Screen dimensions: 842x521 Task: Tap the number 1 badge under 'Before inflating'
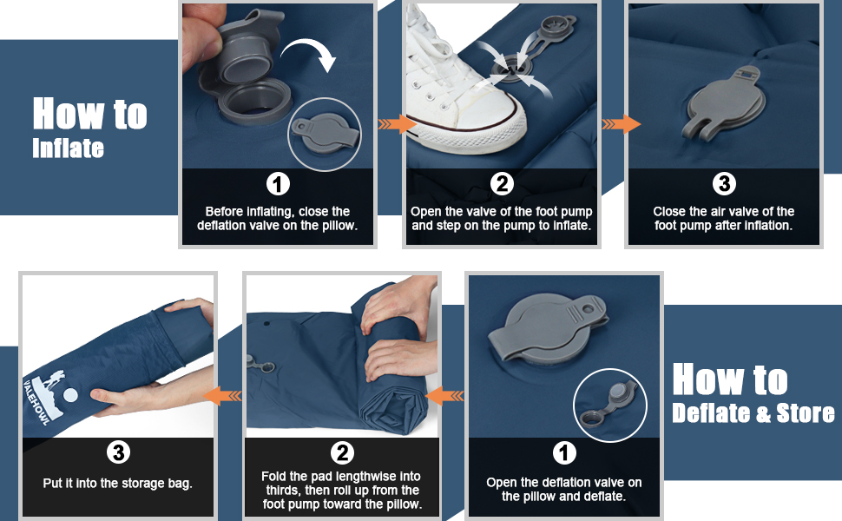click(x=278, y=184)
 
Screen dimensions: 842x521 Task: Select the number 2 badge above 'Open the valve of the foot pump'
click(x=502, y=184)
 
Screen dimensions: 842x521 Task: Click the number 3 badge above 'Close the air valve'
click(x=724, y=184)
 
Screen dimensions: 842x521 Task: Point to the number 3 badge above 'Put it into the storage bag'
click(x=118, y=452)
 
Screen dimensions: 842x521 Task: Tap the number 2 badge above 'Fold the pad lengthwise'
click(x=342, y=452)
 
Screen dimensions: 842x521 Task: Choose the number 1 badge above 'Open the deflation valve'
click(x=564, y=452)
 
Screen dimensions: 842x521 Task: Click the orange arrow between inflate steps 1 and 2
click(x=397, y=124)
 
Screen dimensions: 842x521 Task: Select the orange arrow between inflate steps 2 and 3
click(x=621, y=124)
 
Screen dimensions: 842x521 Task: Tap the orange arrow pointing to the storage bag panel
click(x=222, y=396)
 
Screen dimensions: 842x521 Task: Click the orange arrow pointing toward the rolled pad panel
click(x=444, y=396)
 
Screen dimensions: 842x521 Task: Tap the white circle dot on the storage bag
click(x=70, y=395)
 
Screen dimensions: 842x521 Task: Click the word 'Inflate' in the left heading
click(x=68, y=148)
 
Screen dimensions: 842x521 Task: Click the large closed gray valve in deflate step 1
click(x=548, y=329)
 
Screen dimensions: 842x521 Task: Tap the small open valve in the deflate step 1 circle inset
click(x=608, y=404)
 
